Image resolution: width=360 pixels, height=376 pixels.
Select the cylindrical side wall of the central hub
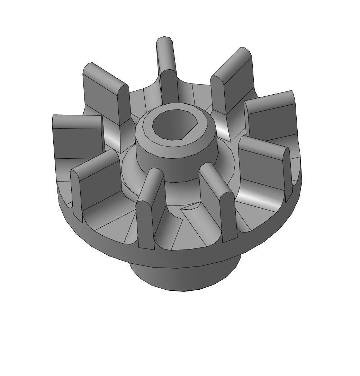pyautogui.click(x=177, y=166)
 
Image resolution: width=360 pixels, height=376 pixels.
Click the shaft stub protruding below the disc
pyautogui.click(x=183, y=277)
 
